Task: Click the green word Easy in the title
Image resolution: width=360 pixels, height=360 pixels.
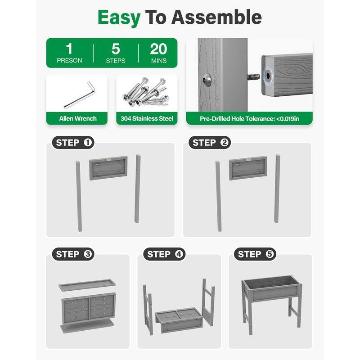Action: (x=119, y=18)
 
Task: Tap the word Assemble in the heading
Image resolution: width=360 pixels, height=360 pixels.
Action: (x=216, y=17)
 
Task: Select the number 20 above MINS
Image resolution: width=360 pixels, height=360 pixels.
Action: (x=158, y=49)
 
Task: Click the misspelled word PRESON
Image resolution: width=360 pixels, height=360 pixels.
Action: (x=69, y=61)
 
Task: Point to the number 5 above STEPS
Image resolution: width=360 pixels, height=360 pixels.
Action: (x=116, y=49)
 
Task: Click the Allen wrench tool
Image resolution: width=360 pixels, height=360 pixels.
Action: (x=80, y=95)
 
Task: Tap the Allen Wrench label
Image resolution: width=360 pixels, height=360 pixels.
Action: (x=78, y=118)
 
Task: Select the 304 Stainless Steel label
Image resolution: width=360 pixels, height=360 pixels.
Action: (x=147, y=118)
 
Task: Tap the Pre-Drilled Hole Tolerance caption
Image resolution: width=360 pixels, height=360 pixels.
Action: (x=249, y=119)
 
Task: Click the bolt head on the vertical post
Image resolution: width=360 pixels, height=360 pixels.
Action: (x=207, y=80)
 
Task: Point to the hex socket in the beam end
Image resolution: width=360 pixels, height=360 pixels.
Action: (x=268, y=76)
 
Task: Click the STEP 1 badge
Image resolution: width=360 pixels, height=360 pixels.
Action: (x=73, y=143)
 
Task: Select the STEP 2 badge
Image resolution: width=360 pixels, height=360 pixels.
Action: (x=210, y=143)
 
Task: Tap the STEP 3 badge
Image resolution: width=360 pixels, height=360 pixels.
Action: (x=73, y=254)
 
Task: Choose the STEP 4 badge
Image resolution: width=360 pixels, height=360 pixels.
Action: (x=164, y=254)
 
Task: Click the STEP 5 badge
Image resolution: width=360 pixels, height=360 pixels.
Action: (x=255, y=254)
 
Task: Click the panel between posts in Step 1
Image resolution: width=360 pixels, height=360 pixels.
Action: (x=108, y=168)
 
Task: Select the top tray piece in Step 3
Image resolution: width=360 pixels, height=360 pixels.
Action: (x=87, y=285)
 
